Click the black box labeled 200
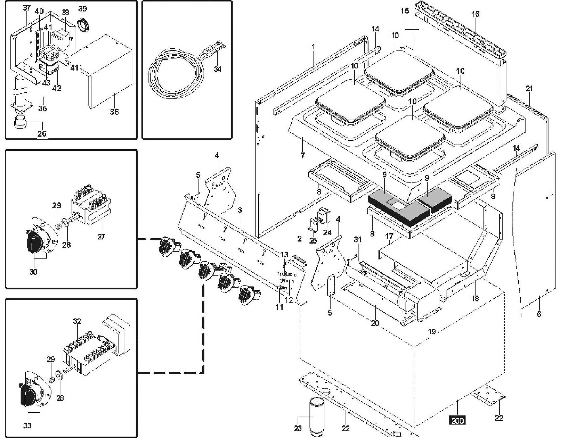(x=457, y=420)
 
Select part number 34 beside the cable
(x=217, y=69)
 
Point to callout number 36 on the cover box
(x=114, y=112)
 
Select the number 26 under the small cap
(x=42, y=134)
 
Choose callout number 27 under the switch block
(x=101, y=237)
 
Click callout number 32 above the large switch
(x=77, y=321)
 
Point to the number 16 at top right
(x=476, y=14)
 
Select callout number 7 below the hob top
(x=303, y=155)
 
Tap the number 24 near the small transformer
(x=327, y=232)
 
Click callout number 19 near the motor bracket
(x=432, y=331)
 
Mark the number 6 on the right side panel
(x=539, y=314)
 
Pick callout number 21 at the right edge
(x=529, y=88)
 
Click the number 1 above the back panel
(x=313, y=47)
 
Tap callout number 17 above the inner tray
(x=389, y=236)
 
